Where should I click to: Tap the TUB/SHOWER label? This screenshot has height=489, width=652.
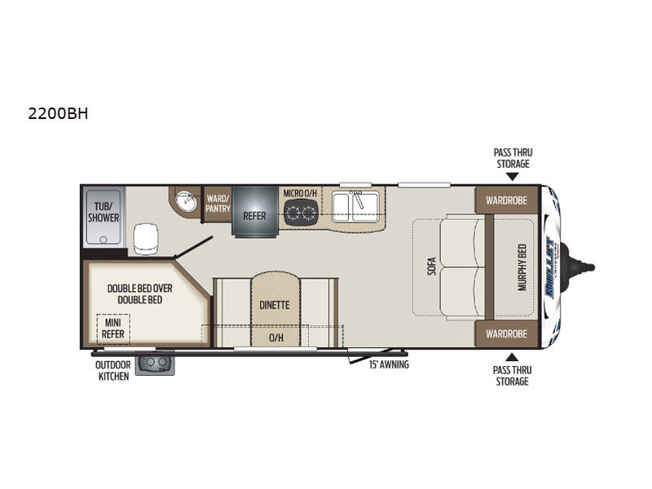pyautogui.click(x=104, y=212)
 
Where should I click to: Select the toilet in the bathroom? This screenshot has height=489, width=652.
pyautogui.click(x=147, y=237)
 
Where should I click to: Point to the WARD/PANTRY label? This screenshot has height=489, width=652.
pyautogui.click(x=217, y=203)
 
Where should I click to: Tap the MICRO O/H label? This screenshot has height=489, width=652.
pyautogui.click(x=300, y=193)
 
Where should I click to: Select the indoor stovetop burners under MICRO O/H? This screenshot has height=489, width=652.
pyautogui.click(x=300, y=212)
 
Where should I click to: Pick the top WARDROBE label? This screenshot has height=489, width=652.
pyautogui.click(x=506, y=200)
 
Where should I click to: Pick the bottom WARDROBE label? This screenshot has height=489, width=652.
pyautogui.click(x=506, y=333)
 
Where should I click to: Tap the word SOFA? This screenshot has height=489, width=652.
pyautogui.click(x=431, y=267)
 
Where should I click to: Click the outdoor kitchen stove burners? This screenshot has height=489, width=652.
pyautogui.click(x=155, y=363)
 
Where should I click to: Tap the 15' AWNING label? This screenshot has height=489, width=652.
pyautogui.click(x=387, y=364)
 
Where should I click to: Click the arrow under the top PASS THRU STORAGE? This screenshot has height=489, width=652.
pyautogui.click(x=512, y=175)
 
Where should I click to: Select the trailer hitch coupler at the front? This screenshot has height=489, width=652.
pyautogui.click(x=585, y=267)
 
